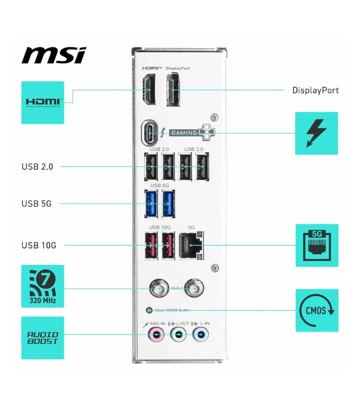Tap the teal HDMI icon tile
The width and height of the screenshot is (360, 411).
pyautogui.click(x=43, y=102)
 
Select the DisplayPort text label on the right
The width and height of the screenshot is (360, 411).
pyautogui.click(x=315, y=90)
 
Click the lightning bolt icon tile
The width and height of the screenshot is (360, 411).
pyautogui.click(x=316, y=133)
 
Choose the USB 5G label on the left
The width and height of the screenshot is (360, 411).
pyautogui.click(x=37, y=203)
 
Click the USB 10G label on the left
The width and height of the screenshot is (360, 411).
pyautogui.click(x=39, y=245)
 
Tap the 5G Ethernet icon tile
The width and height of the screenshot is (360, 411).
pyautogui.click(x=317, y=245)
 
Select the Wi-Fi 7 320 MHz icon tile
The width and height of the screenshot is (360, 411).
pyautogui.click(x=43, y=286)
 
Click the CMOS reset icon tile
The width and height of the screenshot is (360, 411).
pyautogui.click(x=317, y=310)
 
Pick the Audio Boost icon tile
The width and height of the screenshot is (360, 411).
pyautogui.click(x=43, y=338)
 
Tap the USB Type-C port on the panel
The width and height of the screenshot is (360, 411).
pyautogui.click(x=150, y=133)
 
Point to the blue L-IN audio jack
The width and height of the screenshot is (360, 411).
pyautogui.click(x=200, y=335)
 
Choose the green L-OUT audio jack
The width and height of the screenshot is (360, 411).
pyautogui.click(x=178, y=335)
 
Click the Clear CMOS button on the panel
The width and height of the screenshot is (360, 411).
pyautogui.click(x=149, y=310)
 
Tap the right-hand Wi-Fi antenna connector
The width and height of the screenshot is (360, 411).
pyautogui.click(x=194, y=289)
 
